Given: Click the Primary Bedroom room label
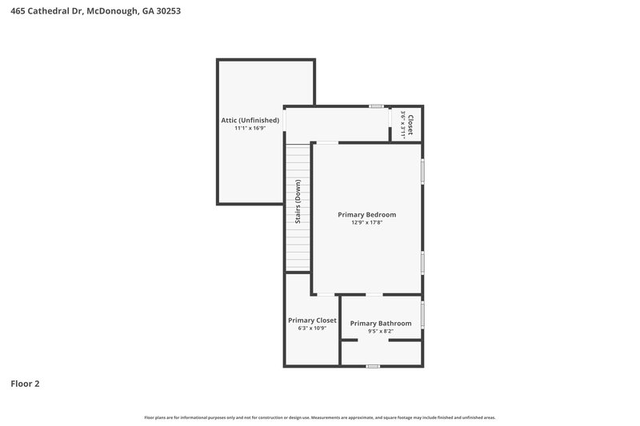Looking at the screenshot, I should coord(366,214).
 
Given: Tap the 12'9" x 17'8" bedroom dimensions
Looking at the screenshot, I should coord(366,223).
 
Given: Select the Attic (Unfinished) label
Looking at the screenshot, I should coord(250,120).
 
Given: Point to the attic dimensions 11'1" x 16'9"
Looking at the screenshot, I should coord(250,128).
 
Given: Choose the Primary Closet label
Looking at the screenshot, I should coord(312,320).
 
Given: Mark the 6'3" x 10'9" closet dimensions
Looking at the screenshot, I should coord(312,328).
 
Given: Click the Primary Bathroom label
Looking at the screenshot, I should coord(381,323).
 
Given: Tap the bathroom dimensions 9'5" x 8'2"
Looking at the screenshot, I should coord(381,331).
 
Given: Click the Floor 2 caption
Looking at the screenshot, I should coord(25,384).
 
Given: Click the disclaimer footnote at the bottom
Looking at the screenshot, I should coord(320,417).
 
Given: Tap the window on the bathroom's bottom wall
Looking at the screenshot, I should coord(372,366).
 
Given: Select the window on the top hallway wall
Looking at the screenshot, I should coord(376,106).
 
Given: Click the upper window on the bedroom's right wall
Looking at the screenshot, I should coord(422,172).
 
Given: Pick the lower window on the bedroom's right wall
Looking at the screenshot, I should coord(422,263).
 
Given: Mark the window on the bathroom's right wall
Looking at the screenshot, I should coord(422,313).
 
